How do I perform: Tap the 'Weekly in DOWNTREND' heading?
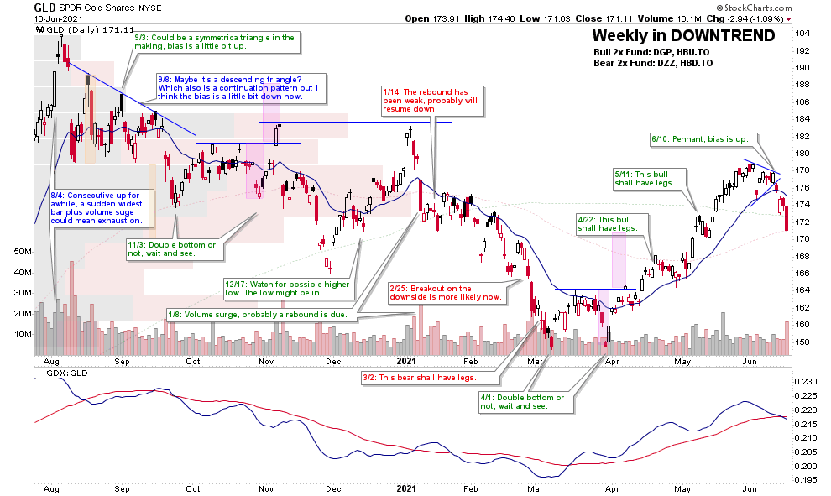point(683,35)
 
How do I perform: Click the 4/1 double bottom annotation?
point(527,401)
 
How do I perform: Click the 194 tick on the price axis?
point(802,33)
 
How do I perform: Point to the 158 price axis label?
point(802,342)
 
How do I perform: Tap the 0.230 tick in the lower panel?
point(806,381)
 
